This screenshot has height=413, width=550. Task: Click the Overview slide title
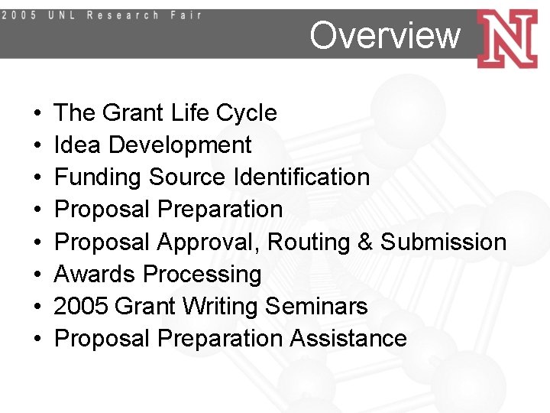385,35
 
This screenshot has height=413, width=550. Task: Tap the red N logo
506,38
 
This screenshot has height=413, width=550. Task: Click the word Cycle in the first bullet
247,113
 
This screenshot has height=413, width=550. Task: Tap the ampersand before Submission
365,242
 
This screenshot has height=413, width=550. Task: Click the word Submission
443,242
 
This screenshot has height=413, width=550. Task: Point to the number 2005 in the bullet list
80,307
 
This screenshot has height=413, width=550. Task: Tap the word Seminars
316,307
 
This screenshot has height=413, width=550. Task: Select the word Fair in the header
186,15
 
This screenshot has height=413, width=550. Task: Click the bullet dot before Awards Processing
38,275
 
